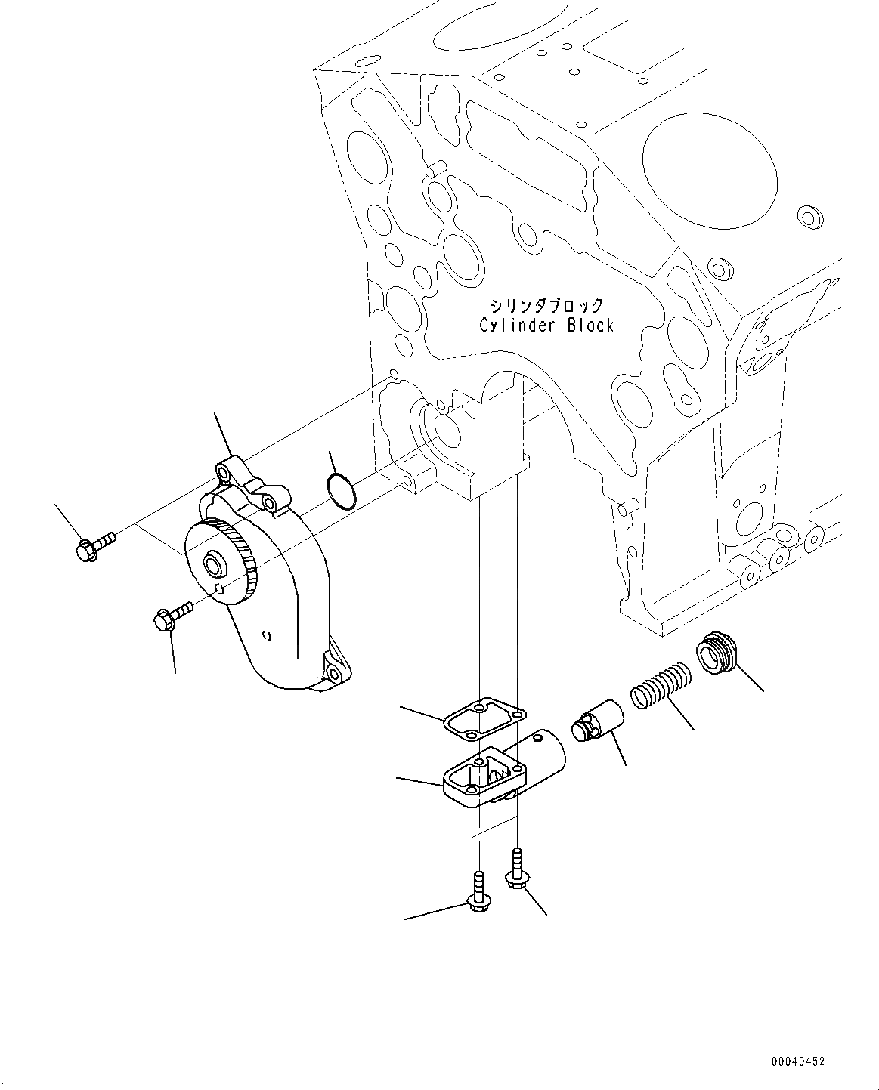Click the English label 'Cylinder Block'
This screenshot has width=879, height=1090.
click(x=546, y=325)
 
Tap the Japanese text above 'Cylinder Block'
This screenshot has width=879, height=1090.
click(x=547, y=305)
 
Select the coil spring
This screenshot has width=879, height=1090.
click(x=661, y=686)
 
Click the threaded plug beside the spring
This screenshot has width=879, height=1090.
click(x=718, y=653)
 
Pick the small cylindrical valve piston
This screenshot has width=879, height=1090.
click(x=597, y=721)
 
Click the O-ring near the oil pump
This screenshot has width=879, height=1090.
click(x=341, y=491)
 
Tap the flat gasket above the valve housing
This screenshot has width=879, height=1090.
click(x=485, y=718)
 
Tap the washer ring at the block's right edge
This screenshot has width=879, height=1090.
click(x=810, y=217)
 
